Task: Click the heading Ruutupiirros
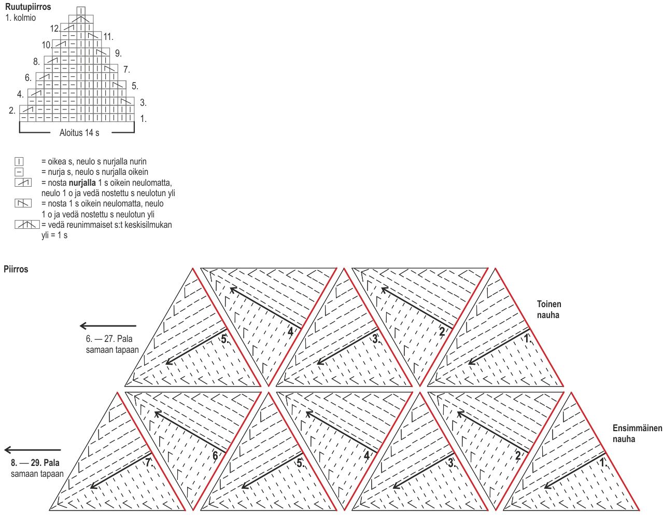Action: (x=28, y=7)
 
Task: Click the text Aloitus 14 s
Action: (x=79, y=133)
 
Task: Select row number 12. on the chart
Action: (x=54, y=29)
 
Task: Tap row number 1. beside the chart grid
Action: (x=143, y=119)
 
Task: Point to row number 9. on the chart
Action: (x=118, y=53)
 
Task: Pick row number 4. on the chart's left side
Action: (x=20, y=94)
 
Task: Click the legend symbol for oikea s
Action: (x=19, y=161)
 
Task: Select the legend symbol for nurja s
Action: (x=19, y=172)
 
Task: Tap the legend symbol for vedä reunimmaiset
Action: (x=27, y=225)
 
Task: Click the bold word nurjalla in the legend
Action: (x=82, y=183)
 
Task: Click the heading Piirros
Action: (x=16, y=269)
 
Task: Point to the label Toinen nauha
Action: (x=548, y=310)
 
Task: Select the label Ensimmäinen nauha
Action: (x=637, y=434)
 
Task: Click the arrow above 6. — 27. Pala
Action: (x=108, y=326)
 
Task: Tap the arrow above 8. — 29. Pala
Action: (x=33, y=450)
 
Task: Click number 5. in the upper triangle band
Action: (x=224, y=340)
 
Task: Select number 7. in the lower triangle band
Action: (x=149, y=462)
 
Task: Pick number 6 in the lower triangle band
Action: (x=215, y=456)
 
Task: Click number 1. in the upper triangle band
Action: (x=527, y=338)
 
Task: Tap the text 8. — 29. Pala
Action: (x=35, y=463)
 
